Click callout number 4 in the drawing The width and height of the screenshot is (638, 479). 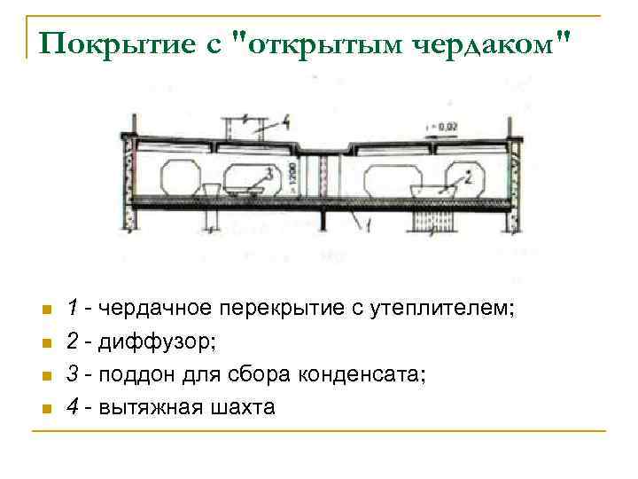pyautogui.click(x=286, y=119)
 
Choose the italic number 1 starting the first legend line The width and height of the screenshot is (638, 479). pyautogui.click(x=77, y=309)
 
